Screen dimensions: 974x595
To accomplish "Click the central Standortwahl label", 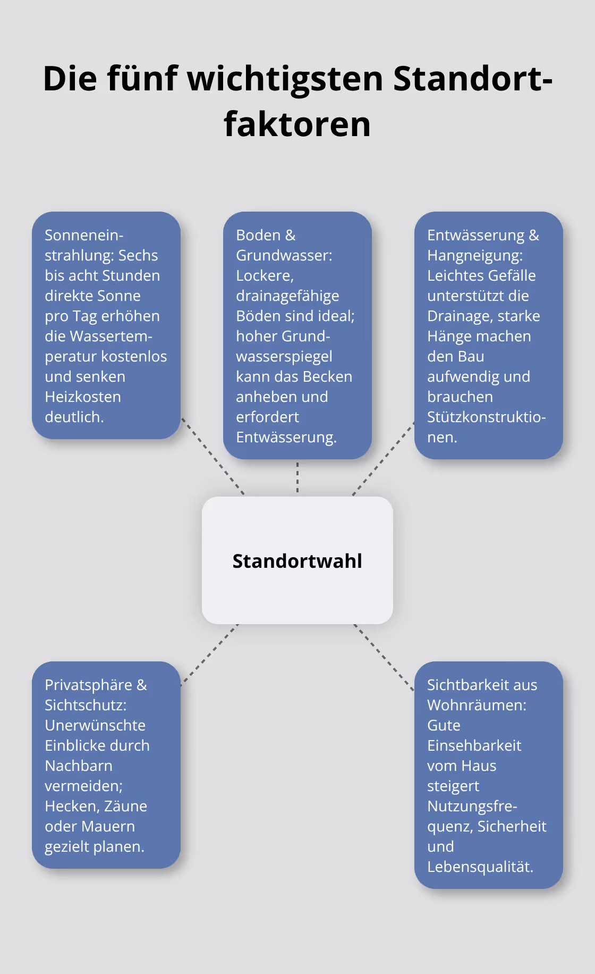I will pos(297,561).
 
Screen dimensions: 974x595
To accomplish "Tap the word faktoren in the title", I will pos(297,124).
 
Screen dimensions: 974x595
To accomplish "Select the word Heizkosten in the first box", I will pos(83,397).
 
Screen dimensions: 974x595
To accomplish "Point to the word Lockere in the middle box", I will pos(264,275).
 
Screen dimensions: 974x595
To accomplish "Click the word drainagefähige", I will pos(287,296).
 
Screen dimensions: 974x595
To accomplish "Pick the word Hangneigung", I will pos(474,255).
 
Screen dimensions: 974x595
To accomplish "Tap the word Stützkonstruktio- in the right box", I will pos(486,417).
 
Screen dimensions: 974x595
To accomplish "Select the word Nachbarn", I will pos(79,766).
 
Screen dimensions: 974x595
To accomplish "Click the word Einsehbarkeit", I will pos(474,745).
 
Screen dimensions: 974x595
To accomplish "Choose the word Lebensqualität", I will pos(480,867).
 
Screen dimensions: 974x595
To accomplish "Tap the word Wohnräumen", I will pos(476,705).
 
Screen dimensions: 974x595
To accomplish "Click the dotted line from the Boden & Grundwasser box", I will pos(297,477).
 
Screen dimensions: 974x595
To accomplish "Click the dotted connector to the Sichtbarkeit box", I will pos(384,657).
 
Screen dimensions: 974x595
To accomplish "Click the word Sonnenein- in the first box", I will pos(84,235).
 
